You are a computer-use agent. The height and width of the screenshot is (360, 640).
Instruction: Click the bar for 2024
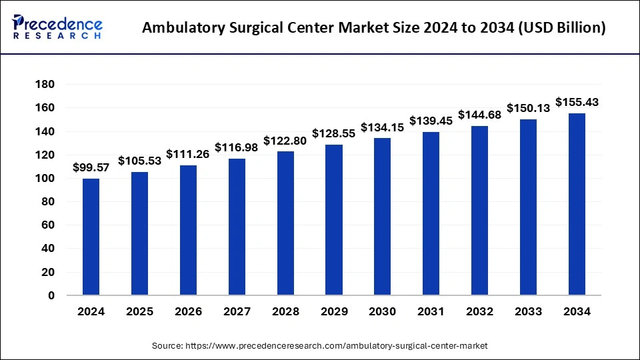click(x=91, y=237)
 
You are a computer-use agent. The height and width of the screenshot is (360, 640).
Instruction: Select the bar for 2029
click(x=334, y=219)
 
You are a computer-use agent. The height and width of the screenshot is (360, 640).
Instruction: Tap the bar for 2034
click(x=577, y=204)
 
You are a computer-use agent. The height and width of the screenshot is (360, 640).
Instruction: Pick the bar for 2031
click(x=431, y=213)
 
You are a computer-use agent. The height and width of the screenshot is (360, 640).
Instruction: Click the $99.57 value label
click(x=91, y=167)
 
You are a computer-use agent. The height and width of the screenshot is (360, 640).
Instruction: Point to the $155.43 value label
click(x=577, y=102)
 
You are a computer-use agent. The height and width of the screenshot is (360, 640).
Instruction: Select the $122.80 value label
click(x=285, y=141)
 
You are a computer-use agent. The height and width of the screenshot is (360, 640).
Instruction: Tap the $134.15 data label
click(x=383, y=127)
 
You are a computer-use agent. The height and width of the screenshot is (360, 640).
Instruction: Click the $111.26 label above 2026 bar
click(x=188, y=154)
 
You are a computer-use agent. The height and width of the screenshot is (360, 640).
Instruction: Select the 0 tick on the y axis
click(x=51, y=295)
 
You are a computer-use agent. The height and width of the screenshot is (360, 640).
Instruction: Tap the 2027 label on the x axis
click(x=237, y=311)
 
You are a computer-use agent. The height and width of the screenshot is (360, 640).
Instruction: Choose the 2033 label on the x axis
click(x=529, y=311)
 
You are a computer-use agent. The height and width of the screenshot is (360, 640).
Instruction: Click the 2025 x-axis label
click(x=139, y=311)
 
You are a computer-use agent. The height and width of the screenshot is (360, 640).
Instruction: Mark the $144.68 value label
click(x=480, y=115)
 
